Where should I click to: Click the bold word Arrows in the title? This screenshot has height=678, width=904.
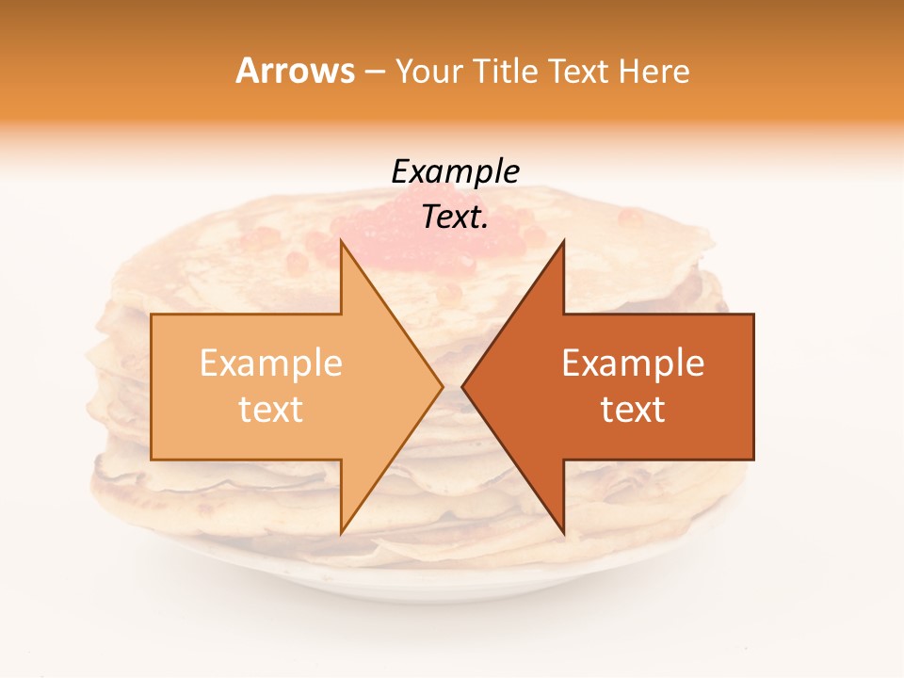click(296, 71)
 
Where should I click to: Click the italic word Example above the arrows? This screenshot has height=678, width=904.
click(455, 171)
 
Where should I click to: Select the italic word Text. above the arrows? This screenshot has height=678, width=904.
click(455, 217)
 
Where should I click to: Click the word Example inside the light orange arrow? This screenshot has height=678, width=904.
click(271, 363)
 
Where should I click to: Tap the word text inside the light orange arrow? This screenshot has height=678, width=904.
click(271, 410)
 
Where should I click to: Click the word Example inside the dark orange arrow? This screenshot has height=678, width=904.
click(633, 363)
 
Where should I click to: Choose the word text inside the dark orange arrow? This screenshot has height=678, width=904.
click(633, 410)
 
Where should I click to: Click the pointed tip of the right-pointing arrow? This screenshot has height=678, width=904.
click(442, 386)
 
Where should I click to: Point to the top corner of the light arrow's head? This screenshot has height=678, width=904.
click(342, 241)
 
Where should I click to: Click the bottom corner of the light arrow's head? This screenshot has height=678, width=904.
click(342, 533)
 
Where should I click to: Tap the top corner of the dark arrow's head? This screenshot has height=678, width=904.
click(563, 241)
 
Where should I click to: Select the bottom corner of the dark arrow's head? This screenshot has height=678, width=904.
click(563, 533)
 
